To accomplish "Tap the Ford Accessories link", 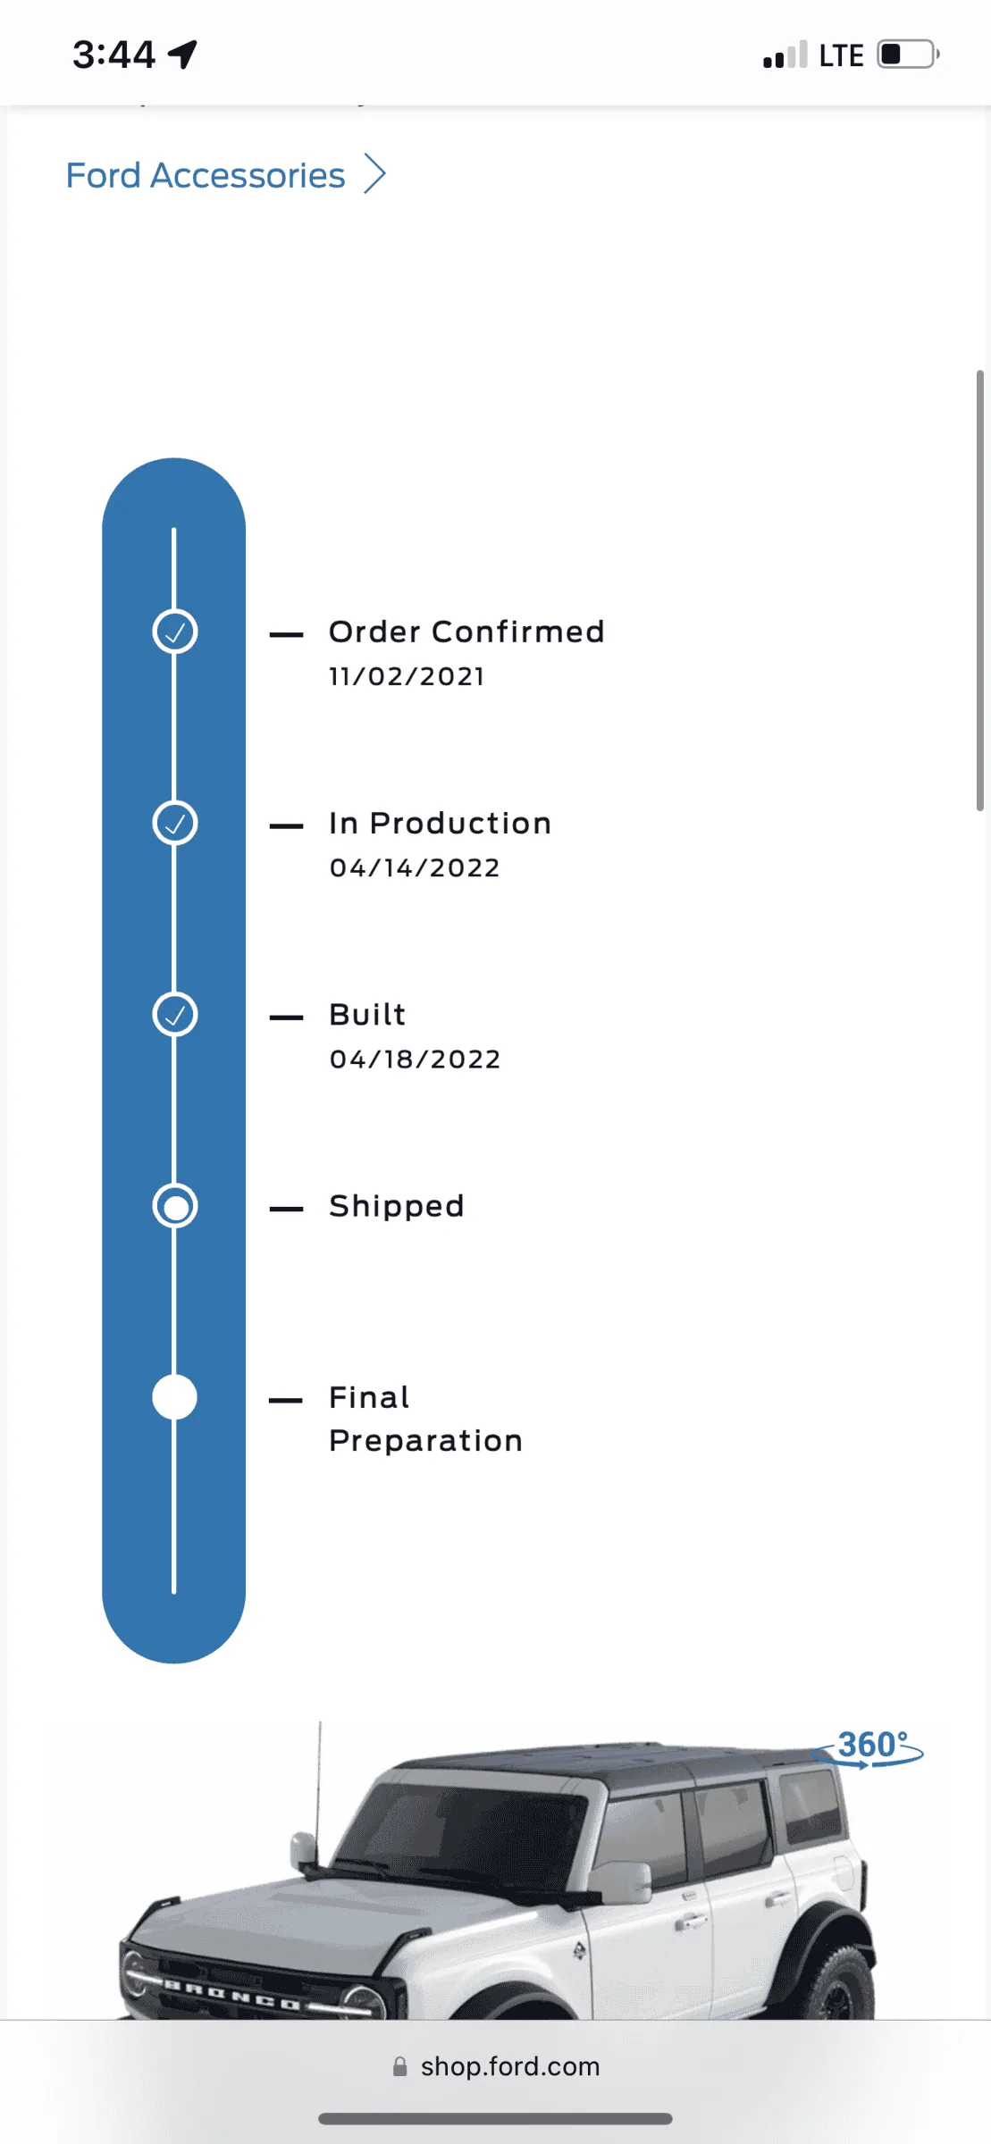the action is [x=206, y=175].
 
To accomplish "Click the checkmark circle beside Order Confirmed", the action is [x=175, y=632].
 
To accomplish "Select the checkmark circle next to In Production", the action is [x=175, y=824].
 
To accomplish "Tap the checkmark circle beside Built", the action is [x=175, y=1015].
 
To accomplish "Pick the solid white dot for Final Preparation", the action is [x=175, y=1397].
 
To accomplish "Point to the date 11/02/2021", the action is [x=407, y=676].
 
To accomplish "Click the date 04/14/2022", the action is [x=415, y=867].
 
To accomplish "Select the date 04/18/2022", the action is [x=415, y=1059].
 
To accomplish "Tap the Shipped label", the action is [x=397, y=1207].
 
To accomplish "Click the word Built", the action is [x=367, y=1015].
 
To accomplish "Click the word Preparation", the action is [x=426, y=1442].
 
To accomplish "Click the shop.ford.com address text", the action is [x=510, y=2066].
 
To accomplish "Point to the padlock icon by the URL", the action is [x=400, y=2066].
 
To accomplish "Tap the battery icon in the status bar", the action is [x=908, y=54].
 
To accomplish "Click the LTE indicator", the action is [x=841, y=55].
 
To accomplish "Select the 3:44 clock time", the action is [x=113, y=54].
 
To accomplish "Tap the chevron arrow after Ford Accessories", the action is [x=375, y=173].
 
